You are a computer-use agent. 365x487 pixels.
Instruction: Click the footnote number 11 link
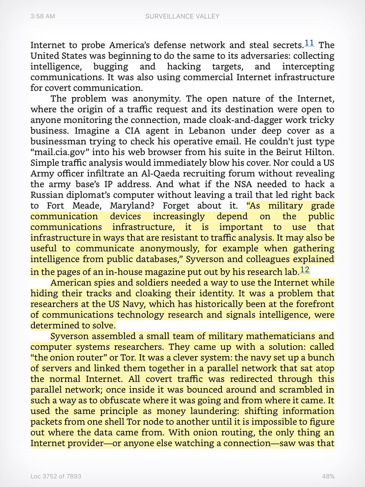coord(309,43)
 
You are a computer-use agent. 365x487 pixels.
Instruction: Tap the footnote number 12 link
coord(304,270)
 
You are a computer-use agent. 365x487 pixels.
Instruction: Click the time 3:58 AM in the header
coord(43,16)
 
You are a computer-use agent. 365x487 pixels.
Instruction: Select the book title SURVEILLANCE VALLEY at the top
coord(182,16)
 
